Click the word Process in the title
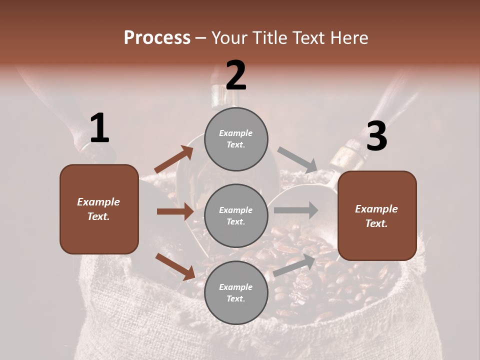[157, 38]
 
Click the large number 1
[99, 128]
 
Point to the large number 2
[236, 75]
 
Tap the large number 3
[376, 137]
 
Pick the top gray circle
[236, 138]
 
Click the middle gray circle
[236, 215]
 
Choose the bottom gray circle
[236, 292]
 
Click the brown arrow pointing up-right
[173, 160]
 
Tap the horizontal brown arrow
[175, 211]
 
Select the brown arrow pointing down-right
[175, 266]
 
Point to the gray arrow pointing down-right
[298, 159]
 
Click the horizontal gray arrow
[296, 210]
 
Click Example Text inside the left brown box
[98, 209]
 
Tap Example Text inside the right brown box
[376, 216]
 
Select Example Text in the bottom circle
[236, 293]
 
